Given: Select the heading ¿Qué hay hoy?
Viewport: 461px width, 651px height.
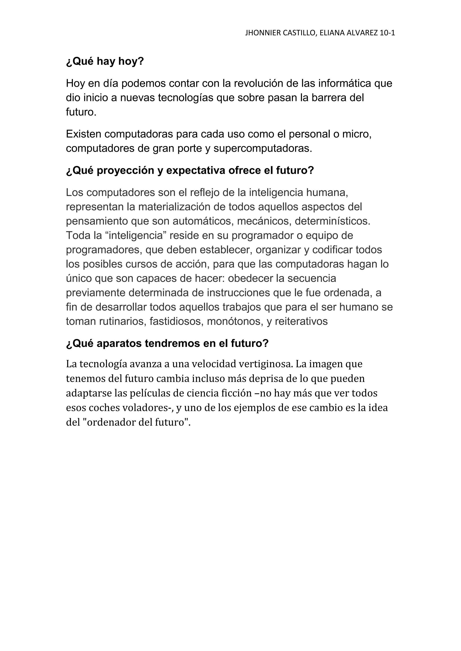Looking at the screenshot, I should (x=105, y=61).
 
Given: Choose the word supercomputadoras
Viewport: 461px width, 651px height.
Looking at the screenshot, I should (x=263, y=149).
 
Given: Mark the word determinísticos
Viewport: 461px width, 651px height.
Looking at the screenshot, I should (x=333, y=221).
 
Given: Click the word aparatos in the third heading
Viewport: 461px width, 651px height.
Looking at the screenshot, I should (x=119, y=344).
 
